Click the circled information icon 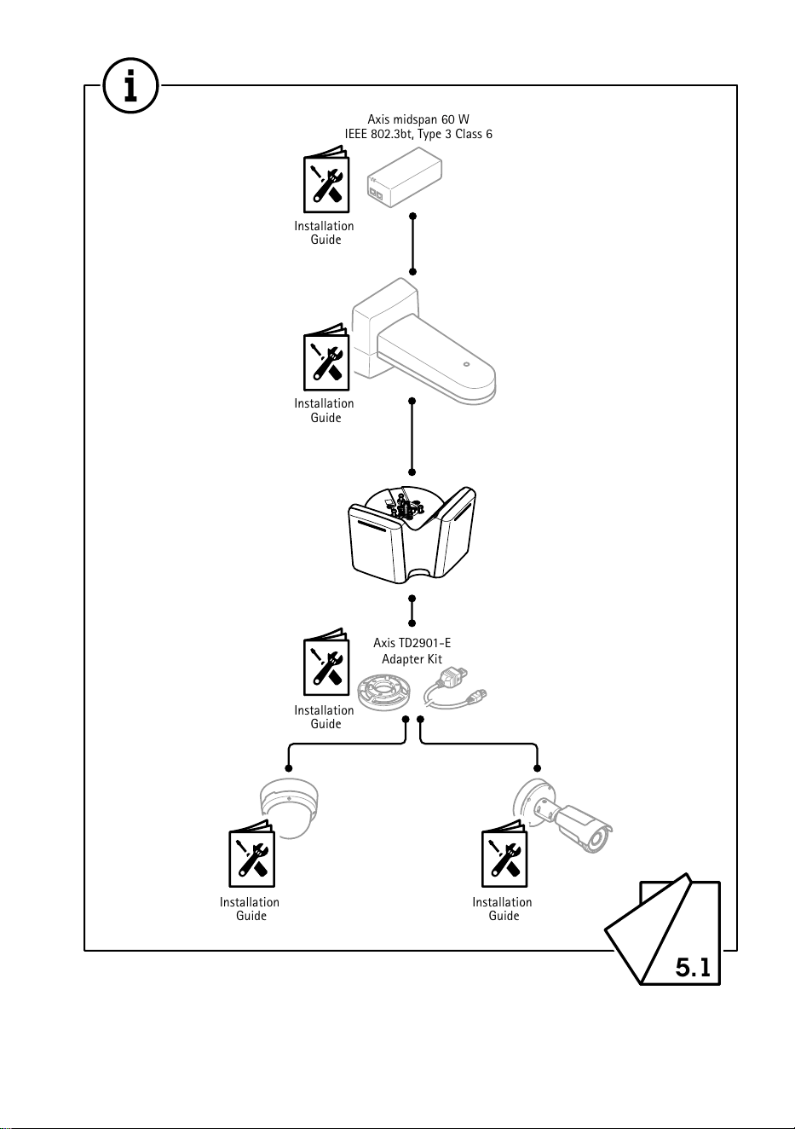coord(130,85)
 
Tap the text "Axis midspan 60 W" coord(418,119)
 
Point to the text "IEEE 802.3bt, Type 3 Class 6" coord(418,134)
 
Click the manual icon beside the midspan coord(326,179)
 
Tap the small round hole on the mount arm coord(466,364)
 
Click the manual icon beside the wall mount coord(326,356)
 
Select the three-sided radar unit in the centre coord(412,535)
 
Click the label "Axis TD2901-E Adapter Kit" coord(412,651)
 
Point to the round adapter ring coord(384,694)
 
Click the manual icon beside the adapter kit coord(326,662)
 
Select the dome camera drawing coord(289,808)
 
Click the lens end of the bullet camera coord(597,840)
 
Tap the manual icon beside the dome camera coord(251,854)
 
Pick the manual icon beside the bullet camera coord(504,854)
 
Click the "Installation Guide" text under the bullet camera coord(502,909)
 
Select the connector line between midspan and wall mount coord(412,244)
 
